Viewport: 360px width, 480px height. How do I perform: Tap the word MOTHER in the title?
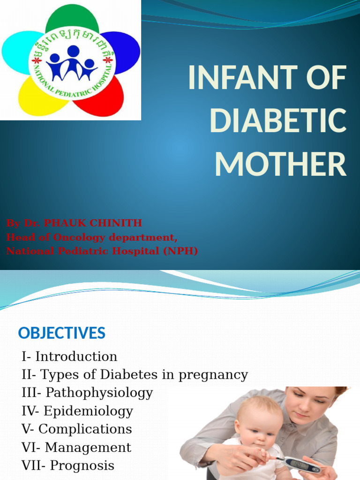(x=280, y=165)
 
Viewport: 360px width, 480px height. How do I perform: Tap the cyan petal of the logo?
(x=17, y=52)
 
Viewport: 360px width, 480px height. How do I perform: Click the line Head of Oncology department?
(x=92, y=237)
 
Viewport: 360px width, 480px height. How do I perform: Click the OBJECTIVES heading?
(x=61, y=333)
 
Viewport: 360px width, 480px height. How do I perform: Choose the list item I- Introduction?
(x=69, y=357)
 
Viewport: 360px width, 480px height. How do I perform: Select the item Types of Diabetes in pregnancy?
(x=144, y=375)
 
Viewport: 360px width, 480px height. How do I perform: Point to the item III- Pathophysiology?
(x=87, y=393)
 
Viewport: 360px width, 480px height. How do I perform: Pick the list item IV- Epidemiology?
(x=77, y=411)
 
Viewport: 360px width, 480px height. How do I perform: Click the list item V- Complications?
(x=77, y=429)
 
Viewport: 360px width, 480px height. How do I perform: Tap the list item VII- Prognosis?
(x=68, y=465)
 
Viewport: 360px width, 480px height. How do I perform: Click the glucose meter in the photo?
(x=302, y=465)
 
